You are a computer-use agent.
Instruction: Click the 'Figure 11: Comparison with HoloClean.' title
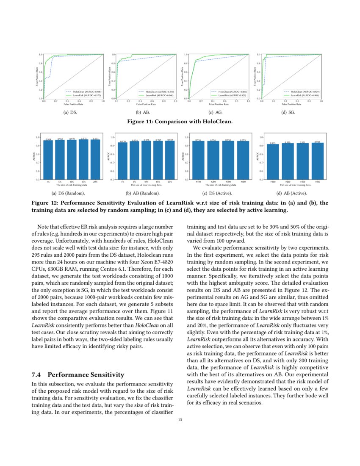pos(180,121)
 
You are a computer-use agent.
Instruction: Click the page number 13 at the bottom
pos(180,421)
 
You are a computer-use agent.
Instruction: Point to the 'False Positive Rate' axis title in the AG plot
pos(219,104)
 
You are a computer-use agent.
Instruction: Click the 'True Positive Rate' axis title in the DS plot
pos(37,76)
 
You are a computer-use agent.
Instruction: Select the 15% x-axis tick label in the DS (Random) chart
pos(84,182)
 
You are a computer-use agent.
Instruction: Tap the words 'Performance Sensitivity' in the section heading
pos(86,374)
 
